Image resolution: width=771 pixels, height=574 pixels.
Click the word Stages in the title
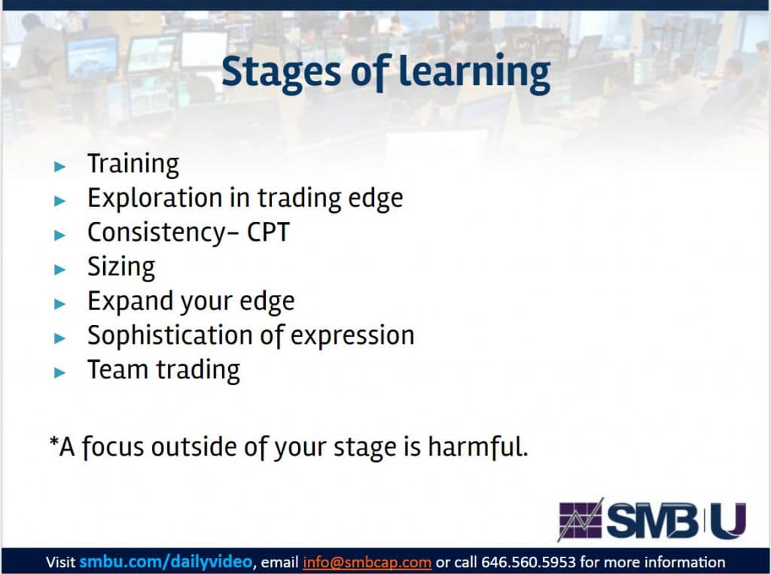[x=281, y=72]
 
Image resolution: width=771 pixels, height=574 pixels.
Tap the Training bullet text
[x=133, y=164]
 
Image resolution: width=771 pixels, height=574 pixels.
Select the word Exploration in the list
[x=155, y=198]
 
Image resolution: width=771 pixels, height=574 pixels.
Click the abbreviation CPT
[x=269, y=232]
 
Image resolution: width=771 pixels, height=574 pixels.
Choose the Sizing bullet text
[x=121, y=268]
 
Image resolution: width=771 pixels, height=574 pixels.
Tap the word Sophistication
[x=169, y=336]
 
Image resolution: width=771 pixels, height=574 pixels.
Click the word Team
[x=117, y=369]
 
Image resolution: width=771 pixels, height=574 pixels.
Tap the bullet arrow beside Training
[x=60, y=166]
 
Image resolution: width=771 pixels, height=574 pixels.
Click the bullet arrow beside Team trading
[x=60, y=372]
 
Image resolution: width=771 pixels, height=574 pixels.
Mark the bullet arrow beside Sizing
[x=60, y=269]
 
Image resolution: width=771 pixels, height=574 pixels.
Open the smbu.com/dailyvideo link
[x=166, y=562]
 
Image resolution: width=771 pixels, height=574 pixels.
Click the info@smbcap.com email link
[x=367, y=562]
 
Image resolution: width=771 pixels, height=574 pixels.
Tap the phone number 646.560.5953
[x=528, y=562]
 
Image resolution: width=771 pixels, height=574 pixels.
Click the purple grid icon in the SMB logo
[x=581, y=520]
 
